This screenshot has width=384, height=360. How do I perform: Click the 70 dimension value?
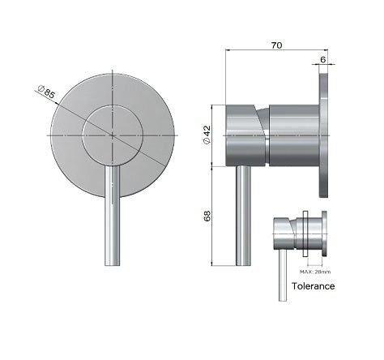[276, 47]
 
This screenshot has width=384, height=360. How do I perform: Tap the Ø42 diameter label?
[207, 135]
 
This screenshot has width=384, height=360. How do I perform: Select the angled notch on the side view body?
[262, 122]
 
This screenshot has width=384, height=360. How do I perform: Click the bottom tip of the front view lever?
[111, 263]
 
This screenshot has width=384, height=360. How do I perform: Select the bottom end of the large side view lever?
[242, 263]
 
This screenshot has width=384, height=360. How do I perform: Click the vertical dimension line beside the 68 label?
[214, 216]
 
